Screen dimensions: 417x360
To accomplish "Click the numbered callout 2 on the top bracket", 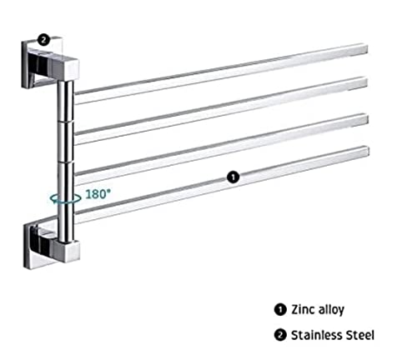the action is point(43,39).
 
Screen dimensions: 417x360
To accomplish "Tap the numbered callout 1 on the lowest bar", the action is point(233,177).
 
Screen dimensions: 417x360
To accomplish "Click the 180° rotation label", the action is point(98,194).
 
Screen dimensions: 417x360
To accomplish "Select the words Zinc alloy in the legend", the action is point(318,310).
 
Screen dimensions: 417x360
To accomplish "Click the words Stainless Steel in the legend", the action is point(333,335).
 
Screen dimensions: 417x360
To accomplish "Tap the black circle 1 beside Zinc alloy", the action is point(280,309).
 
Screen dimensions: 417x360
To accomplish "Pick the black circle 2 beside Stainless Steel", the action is point(280,335).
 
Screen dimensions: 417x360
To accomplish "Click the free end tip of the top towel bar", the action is point(365,49).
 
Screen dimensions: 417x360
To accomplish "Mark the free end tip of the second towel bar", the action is point(365,82).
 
